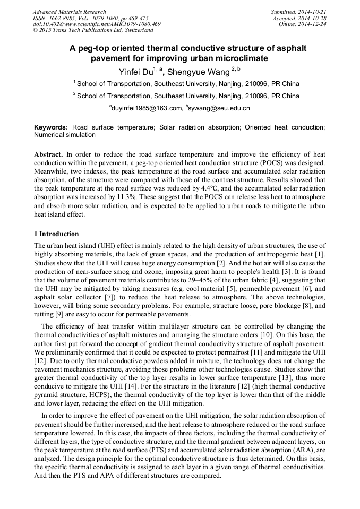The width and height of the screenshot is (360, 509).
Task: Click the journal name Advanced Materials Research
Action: pyautogui.click(x=69, y=12)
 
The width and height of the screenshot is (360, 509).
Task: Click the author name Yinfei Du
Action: pyautogui.click(x=135, y=71)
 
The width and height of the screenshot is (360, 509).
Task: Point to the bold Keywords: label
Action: pyautogui.click(x=51, y=127)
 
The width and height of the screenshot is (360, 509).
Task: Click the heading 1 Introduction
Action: pyautogui.click(x=56, y=234)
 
